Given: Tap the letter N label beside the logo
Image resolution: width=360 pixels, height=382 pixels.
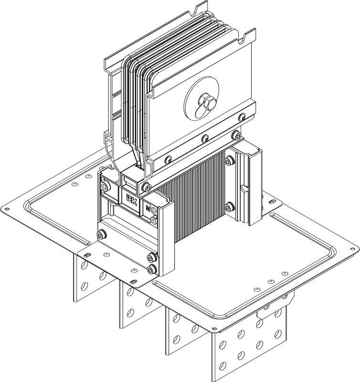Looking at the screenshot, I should [x=148, y=209].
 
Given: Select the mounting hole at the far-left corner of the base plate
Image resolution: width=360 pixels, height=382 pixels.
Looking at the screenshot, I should [x=7, y=209].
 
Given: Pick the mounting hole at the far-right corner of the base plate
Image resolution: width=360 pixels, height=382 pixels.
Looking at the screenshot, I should [x=353, y=248].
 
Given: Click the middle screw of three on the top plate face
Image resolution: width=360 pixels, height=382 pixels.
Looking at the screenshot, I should [x=205, y=138].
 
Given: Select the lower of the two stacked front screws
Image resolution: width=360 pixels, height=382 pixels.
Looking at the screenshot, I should [x=152, y=270].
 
